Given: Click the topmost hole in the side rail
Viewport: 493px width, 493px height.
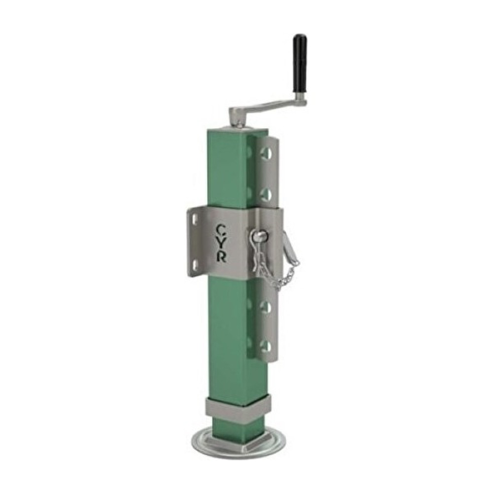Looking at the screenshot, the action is click(x=267, y=154).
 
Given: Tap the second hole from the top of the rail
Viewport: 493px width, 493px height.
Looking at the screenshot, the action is click(x=267, y=195).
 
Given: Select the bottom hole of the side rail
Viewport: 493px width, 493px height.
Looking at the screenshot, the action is click(x=267, y=347).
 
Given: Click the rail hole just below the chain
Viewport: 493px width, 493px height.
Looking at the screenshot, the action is click(x=267, y=307).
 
